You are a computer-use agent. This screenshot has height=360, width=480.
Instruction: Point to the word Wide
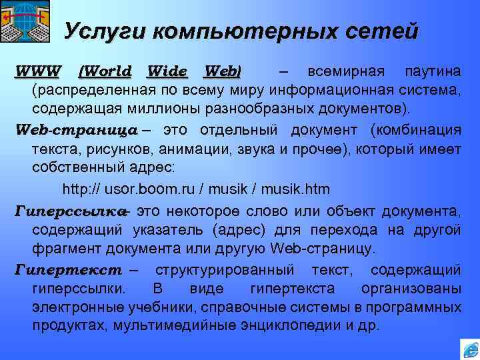click(x=167, y=71)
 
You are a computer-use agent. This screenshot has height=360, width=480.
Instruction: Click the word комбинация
click(x=423, y=129)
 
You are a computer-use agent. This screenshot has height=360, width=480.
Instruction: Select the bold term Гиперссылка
click(x=70, y=212)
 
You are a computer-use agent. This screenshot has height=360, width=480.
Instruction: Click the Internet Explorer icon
click(x=469, y=349)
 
